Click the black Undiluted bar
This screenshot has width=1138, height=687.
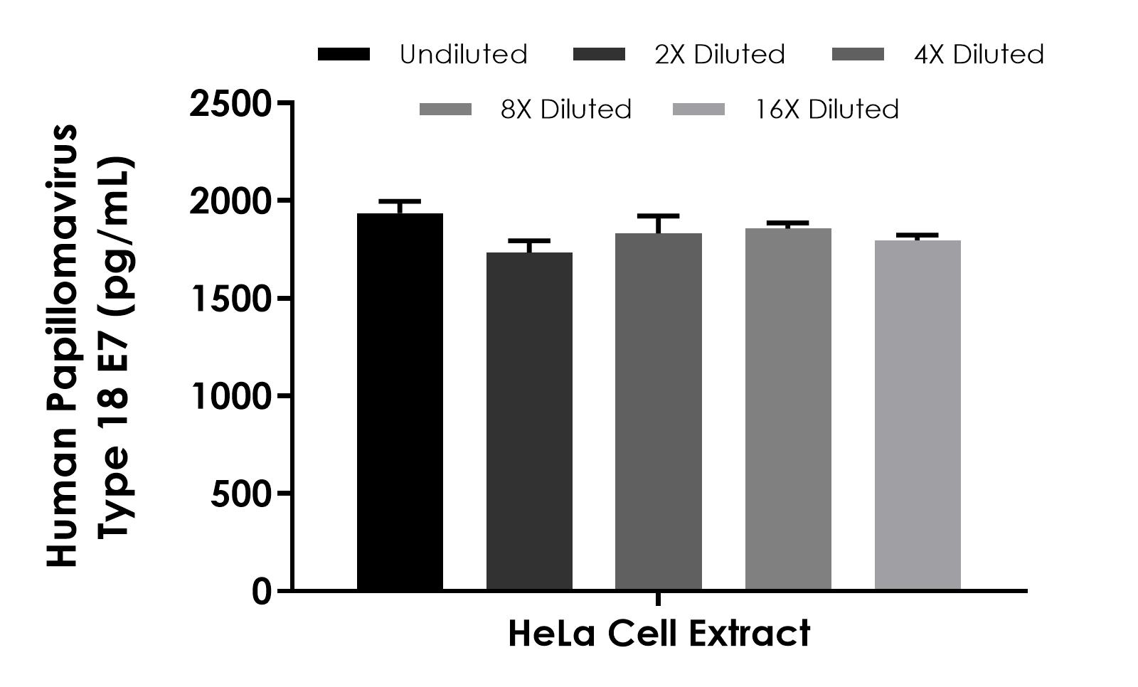400,402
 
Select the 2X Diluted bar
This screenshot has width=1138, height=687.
529,421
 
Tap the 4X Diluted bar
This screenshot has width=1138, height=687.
659,411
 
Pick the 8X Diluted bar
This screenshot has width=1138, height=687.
788,409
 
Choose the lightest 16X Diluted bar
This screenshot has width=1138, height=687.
918,415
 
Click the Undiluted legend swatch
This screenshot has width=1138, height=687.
344,55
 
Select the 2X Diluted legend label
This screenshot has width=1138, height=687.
720,55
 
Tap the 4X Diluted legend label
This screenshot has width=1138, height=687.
979,55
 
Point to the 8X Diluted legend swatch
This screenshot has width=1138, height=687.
445,110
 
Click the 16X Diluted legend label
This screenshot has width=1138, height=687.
827,110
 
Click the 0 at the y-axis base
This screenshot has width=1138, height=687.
261,592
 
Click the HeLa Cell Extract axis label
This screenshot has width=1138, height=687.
659,634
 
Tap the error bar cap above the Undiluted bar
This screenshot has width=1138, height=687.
400,201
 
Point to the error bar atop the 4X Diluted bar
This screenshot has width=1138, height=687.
659,216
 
